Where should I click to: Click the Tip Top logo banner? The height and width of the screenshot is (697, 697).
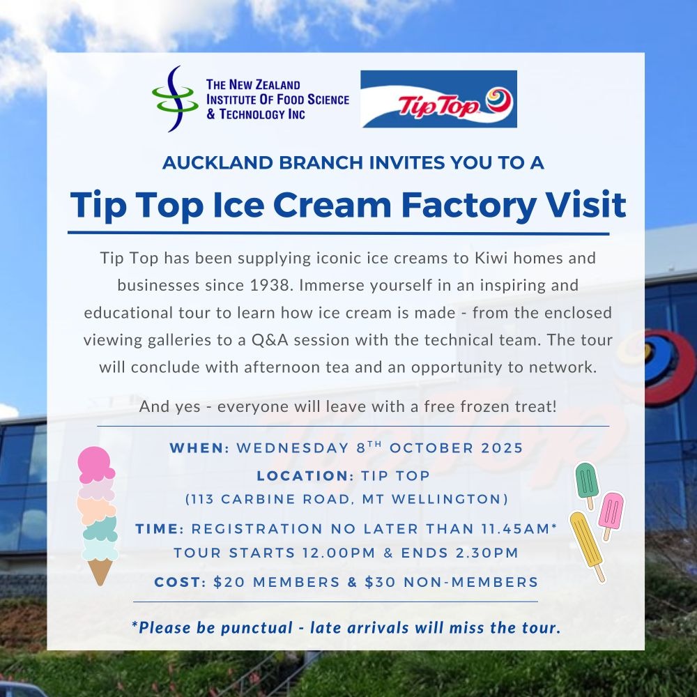coord(438,99)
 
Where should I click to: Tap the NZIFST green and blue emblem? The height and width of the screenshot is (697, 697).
coord(175,99)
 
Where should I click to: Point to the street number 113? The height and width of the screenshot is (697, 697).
coord(203,499)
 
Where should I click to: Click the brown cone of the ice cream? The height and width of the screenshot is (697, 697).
coord(100,572)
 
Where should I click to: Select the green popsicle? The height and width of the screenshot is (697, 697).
coord(587,484)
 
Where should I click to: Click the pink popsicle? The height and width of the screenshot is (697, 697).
coord(611,514)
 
